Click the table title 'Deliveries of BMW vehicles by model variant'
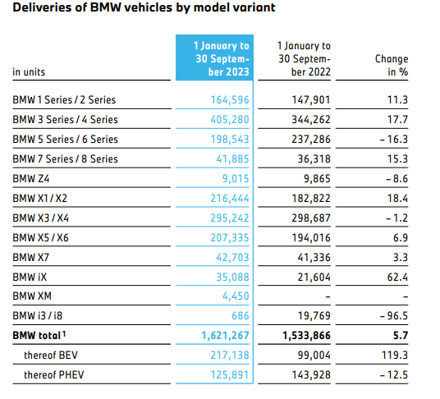pos(143,9)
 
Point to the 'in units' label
pos(29,72)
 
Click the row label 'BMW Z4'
pos(32,178)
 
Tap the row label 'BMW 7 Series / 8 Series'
pos(66,158)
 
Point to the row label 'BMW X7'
pos(32,257)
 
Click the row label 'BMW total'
pos(40,336)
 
